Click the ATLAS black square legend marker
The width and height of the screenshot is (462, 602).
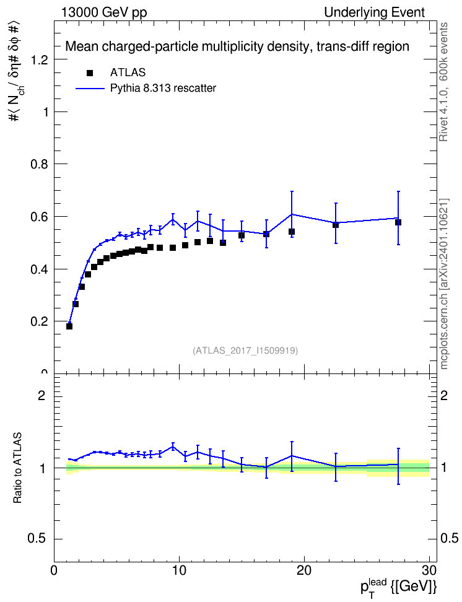click(x=90, y=73)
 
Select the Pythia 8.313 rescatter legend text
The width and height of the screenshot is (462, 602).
click(x=163, y=88)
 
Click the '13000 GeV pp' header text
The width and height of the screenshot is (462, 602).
click(x=103, y=12)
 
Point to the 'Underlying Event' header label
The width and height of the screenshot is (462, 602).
click(x=375, y=12)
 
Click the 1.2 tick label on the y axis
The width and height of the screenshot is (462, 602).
click(x=40, y=59)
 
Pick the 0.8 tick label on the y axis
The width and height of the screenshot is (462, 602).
click(x=40, y=164)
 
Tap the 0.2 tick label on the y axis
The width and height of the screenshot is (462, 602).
click(x=40, y=321)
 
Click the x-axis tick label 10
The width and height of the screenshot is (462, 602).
click(x=179, y=570)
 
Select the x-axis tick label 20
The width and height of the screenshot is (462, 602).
click(x=304, y=570)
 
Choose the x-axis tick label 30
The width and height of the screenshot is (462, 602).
click(x=429, y=570)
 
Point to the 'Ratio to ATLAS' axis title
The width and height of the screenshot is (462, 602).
click(x=17, y=468)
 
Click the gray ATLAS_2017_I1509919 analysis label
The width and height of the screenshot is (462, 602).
click(x=245, y=350)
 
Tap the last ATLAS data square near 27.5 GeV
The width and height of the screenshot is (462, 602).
click(x=398, y=222)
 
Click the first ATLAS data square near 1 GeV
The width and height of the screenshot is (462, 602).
click(x=69, y=326)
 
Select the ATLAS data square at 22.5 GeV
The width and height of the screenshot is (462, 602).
click(x=336, y=225)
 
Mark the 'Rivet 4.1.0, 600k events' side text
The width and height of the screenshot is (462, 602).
click(x=443, y=82)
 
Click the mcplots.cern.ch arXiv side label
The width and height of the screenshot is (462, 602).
click(x=443, y=284)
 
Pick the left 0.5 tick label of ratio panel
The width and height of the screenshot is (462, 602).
click(x=37, y=539)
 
